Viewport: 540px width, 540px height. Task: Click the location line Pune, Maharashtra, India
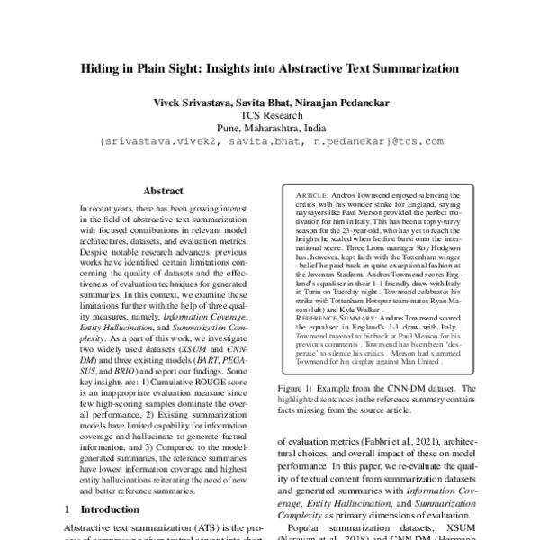(x=271, y=129)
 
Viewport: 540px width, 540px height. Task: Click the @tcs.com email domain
(x=417, y=142)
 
